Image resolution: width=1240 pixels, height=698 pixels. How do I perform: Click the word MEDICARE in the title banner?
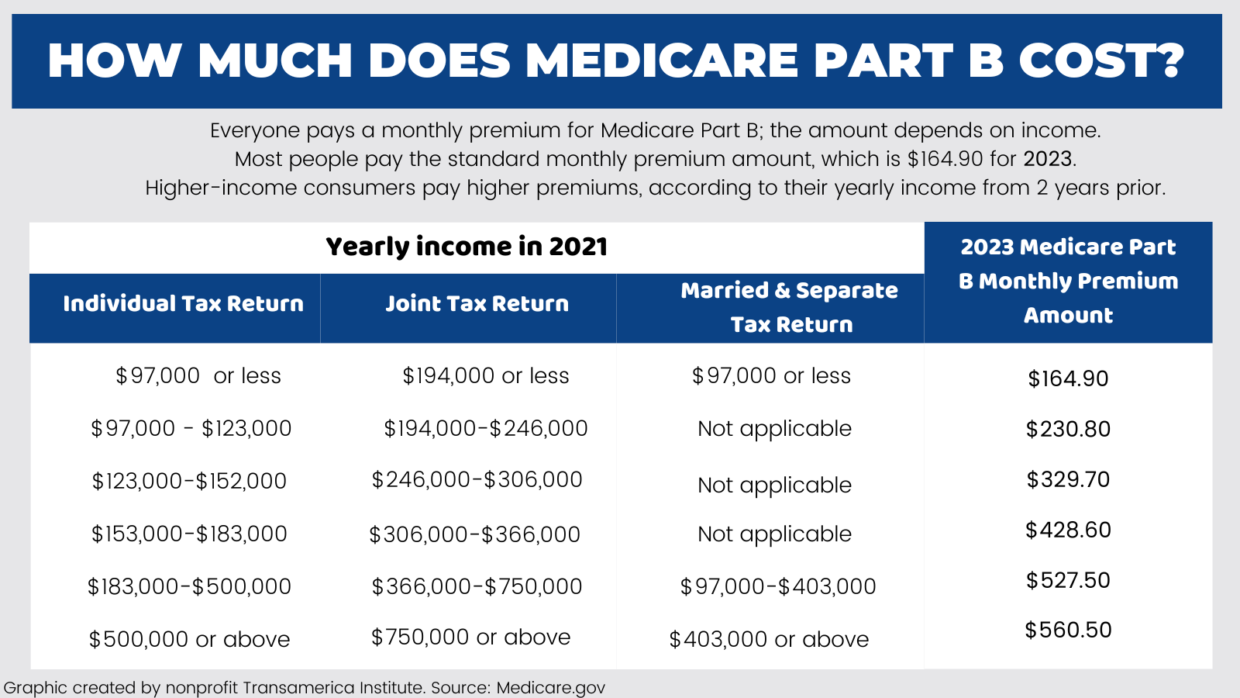(662, 60)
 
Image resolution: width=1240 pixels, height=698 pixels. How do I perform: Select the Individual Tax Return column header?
(183, 303)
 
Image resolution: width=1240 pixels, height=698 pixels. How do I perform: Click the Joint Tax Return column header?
(477, 303)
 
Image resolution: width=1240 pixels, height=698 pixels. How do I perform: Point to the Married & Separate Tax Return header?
(790, 307)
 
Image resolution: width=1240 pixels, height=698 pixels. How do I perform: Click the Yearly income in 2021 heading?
(467, 247)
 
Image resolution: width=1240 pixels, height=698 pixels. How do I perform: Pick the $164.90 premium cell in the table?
(1068, 378)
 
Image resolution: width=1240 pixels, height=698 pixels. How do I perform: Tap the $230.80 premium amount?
(1068, 429)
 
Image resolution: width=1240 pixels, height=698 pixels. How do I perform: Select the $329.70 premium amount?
(1068, 479)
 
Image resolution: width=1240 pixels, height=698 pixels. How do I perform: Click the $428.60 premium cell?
(1068, 530)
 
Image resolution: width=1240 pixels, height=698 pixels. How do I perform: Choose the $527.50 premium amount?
(1068, 580)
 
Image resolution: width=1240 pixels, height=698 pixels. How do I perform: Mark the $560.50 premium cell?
(1068, 630)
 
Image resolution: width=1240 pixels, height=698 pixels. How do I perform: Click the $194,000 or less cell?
(486, 376)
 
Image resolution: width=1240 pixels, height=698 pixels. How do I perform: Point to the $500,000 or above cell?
(189, 640)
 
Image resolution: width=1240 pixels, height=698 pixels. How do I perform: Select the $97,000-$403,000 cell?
(778, 586)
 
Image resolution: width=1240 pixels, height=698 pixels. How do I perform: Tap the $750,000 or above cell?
(470, 638)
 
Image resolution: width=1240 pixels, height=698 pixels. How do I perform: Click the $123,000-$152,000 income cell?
(189, 482)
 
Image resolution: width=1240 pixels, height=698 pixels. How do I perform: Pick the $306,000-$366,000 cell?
(474, 534)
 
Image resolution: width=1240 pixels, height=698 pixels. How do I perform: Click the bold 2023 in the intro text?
(1047, 159)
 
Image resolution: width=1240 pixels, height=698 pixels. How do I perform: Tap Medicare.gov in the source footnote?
(550, 688)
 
